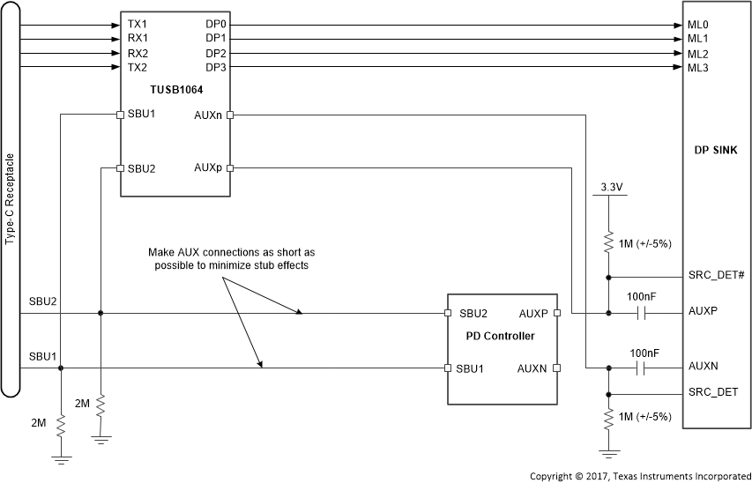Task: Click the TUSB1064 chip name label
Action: coord(175,90)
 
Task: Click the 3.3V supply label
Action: coord(608,187)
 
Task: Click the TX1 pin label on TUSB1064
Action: coord(138,25)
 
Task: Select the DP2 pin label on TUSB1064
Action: coord(216,54)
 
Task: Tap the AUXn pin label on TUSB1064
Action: coord(209,115)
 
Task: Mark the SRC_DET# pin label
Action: coord(716,276)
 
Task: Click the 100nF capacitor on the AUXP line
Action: coord(644,313)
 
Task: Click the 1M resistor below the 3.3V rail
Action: coord(608,242)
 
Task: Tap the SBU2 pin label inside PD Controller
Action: coord(473,313)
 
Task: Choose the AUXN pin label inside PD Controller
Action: coord(532,368)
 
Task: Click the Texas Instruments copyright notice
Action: coord(639,476)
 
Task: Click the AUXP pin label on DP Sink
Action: coord(703,313)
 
